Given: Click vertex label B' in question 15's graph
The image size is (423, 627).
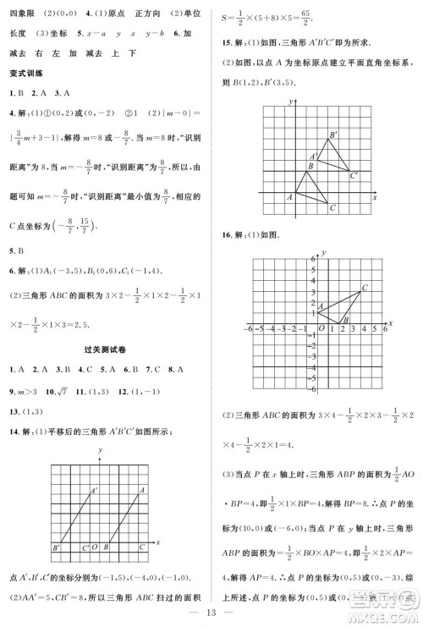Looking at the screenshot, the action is (333, 135).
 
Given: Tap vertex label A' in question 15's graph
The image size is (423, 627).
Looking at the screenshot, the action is (314, 156).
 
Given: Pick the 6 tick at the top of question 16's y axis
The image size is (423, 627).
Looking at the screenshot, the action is (313, 257).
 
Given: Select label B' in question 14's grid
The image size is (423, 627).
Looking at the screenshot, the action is (56, 548).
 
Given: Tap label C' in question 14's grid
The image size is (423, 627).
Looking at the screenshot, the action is (85, 548).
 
